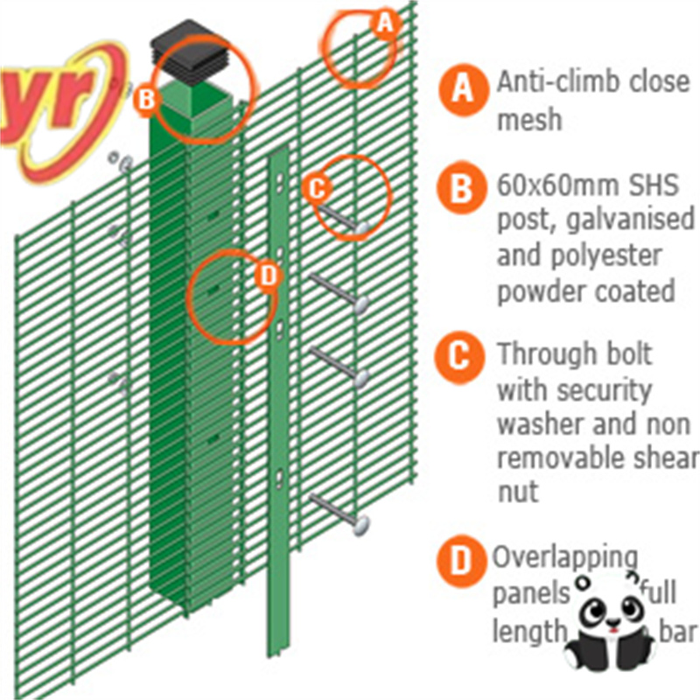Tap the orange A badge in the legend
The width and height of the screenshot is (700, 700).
[462, 89]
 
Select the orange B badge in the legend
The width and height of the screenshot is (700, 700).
[462, 187]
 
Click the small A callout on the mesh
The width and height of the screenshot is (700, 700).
[384, 24]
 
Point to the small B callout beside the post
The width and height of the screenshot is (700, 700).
[146, 100]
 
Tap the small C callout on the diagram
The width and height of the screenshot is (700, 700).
[317, 186]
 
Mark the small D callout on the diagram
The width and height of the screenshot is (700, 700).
[268, 276]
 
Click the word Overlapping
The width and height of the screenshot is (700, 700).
[565, 557]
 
